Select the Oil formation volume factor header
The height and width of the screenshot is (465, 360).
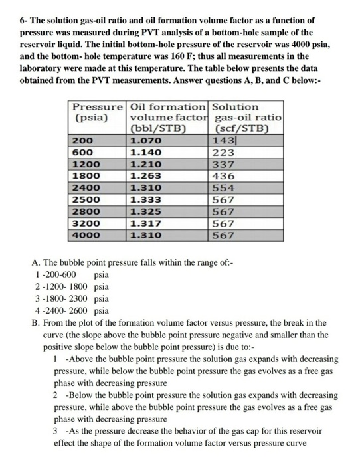(168, 118)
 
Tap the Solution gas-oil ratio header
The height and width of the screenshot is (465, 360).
(245, 118)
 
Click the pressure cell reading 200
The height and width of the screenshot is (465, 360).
(82, 141)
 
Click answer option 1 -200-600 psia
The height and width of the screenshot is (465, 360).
(72, 274)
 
